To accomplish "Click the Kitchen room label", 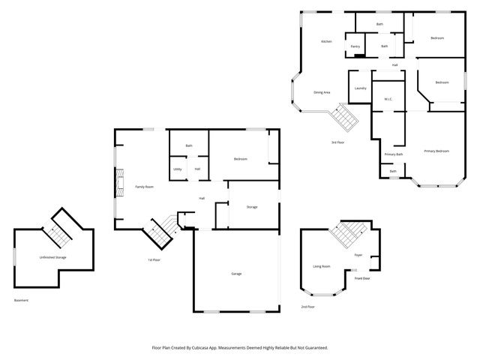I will (326, 41).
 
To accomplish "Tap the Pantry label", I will (355, 46).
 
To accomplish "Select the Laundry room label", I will (360, 88).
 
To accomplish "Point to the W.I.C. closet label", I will (388, 99).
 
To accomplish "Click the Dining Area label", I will (322, 92).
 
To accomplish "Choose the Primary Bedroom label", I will (436, 151).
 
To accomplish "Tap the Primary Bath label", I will (394, 154).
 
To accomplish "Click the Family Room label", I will (144, 186).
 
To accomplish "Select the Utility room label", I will (178, 169).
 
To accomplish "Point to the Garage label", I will (236, 274).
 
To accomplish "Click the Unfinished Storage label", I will (52, 257).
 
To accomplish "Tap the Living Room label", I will (322, 265).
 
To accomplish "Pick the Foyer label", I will (358, 255).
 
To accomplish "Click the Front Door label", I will (362, 279).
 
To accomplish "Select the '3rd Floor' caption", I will (337, 142).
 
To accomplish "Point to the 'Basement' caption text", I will (21, 300).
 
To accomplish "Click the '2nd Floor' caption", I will (307, 307).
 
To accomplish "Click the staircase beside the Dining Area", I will (346, 116).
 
